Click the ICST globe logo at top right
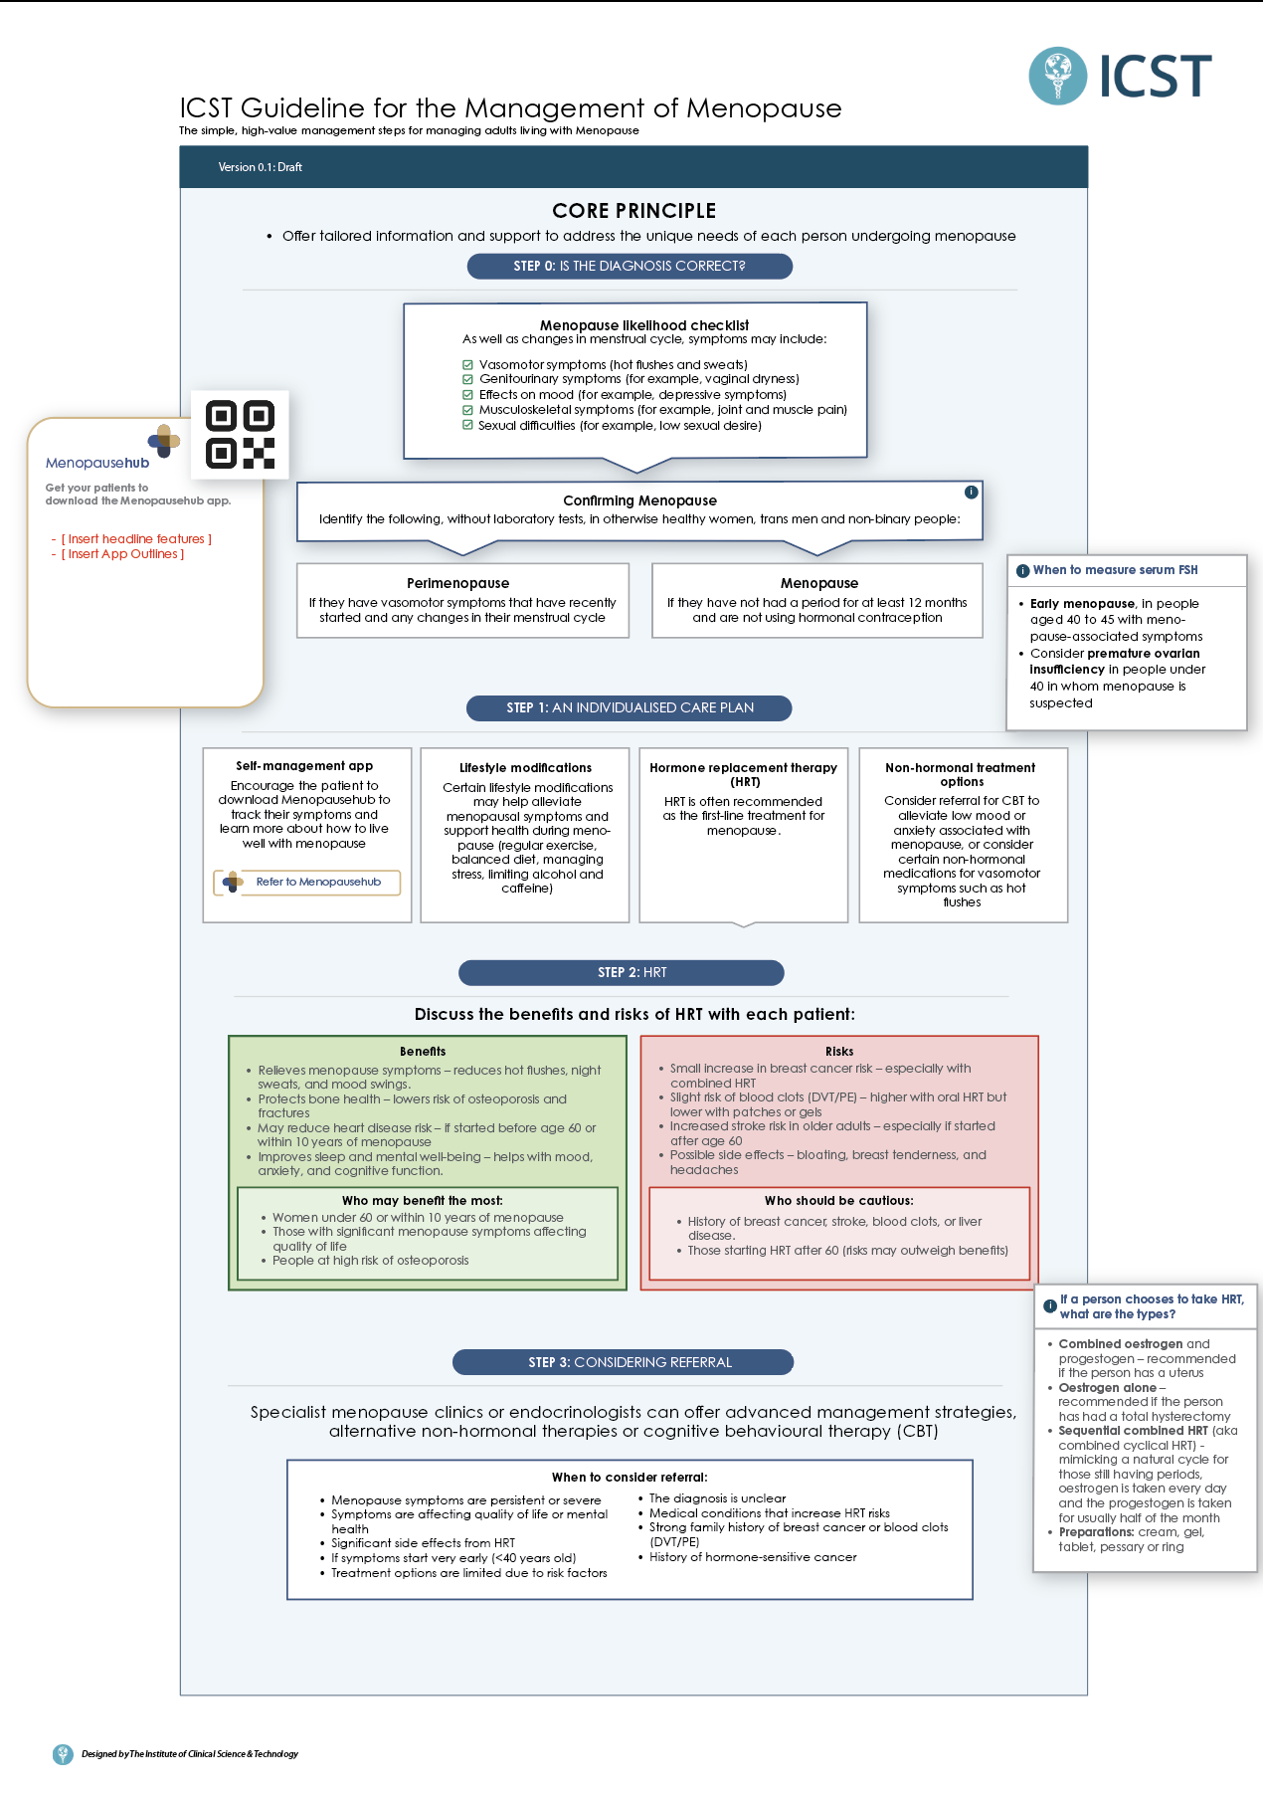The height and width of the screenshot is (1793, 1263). [1057, 76]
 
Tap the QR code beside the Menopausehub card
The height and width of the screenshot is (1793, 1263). [240, 435]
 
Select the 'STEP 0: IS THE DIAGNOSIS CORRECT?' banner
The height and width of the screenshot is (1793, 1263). [630, 267]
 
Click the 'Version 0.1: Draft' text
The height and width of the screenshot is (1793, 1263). [261, 167]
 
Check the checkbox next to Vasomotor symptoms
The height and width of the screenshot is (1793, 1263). [467, 365]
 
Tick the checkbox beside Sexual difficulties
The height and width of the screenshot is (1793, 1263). [467, 425]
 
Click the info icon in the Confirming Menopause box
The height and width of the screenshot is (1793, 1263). [971, 493]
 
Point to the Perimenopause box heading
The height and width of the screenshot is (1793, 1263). [457, 583]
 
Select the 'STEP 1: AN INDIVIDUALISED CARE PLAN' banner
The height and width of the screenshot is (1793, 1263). [630, 708]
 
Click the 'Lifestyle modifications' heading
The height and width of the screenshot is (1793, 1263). [525, 768]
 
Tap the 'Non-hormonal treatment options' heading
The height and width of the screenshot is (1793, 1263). [961, 774]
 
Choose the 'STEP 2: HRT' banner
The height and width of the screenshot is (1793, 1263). [622, 973]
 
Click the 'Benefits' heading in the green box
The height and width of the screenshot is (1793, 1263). [423, 1052]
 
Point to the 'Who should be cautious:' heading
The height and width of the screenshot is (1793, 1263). [838, 1201]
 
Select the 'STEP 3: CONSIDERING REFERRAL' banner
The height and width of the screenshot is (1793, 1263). [623, 1362]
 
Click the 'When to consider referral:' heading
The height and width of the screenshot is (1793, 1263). [630, 1478]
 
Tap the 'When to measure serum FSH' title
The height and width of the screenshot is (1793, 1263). [1115, 570]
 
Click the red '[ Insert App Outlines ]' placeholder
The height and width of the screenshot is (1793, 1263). [123, 554]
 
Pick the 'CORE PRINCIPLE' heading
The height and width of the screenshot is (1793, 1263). [633, 211]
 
